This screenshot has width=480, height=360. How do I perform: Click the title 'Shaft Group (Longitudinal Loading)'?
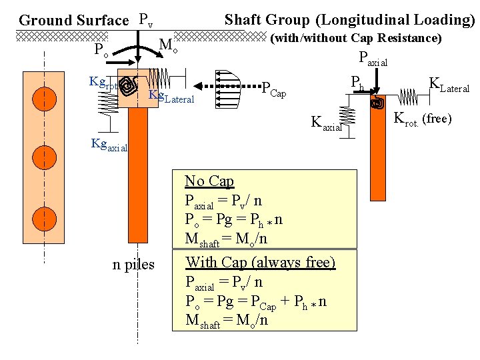click(x=349, y=19)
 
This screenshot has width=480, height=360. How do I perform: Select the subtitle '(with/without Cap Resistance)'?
click(x=355, y=38)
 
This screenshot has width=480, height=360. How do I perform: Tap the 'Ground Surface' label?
click(x=73, y=20)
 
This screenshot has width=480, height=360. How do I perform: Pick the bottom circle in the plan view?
click(x=44, y=219)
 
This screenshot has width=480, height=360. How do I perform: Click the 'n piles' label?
click(x=133, y=265)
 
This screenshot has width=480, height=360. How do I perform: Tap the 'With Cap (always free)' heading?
click(x=260, y=262)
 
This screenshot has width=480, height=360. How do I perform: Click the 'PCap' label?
click(x=273, y=88)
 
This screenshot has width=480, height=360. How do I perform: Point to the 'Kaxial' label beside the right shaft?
click(x=327, y=123)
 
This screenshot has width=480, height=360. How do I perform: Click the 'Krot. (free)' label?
click(x=423, y=119)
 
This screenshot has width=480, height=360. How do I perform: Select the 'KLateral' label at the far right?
click(x=449, y=86)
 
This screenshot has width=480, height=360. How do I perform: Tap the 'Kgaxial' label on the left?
click(x=109, y=145)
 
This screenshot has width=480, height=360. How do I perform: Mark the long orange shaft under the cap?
click(x=137, y=173)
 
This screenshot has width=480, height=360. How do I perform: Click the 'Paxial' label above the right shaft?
click(x=373, y=59)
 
